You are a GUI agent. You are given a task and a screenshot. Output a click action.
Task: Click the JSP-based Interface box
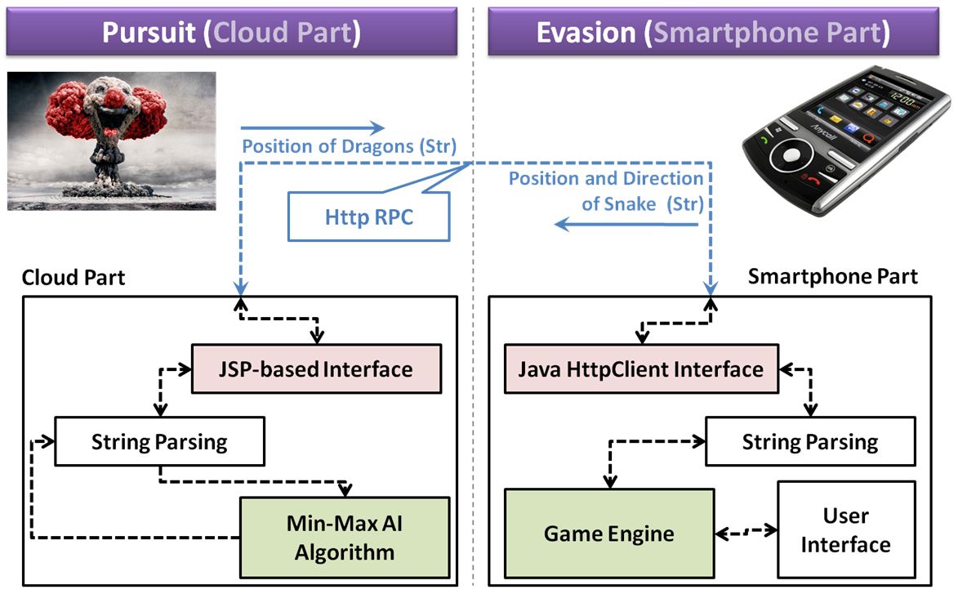[x=316, y=368]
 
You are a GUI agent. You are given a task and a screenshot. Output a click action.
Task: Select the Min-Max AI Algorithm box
[x=344, y=538]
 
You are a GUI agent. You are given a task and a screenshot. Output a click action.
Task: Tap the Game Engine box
[x=609, y=534]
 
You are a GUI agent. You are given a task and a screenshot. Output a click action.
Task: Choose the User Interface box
[x=845, y=529]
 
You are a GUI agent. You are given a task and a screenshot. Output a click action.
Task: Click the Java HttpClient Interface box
[x=640, y=368]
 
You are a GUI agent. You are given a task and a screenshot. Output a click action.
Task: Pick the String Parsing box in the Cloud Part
[x=159, y=442]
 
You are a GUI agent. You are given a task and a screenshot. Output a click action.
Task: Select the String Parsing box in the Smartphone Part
[x=809, y=443]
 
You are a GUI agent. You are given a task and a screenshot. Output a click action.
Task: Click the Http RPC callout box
[x=368, y=217]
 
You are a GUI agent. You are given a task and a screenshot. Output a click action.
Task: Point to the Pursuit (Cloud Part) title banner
[x=231, y=32]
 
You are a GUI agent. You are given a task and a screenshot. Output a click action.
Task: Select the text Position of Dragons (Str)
[x=349, y=147]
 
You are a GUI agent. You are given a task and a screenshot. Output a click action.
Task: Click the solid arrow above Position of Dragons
[x=312, y=127]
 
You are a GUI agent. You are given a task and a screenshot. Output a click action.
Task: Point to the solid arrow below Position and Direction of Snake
[x=627, y=225]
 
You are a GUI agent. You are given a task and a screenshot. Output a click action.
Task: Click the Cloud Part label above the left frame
[x=74, y=277]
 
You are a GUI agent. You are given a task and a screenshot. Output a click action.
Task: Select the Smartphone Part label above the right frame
[x=832, y=277]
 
